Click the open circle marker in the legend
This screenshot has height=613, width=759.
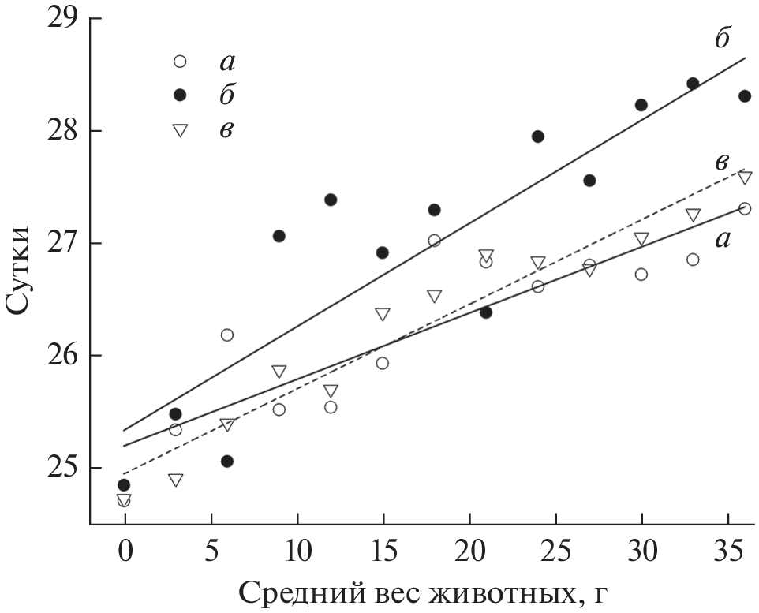(179, 61)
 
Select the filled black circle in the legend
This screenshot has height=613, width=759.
(179, 95)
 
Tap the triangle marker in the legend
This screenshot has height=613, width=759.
(179, 130)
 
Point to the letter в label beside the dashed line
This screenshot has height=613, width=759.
(721, 162)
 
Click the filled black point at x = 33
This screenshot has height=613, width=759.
(693, 84)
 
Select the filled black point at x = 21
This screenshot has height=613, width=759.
(486, 312)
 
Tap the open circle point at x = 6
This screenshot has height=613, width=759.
(227, 335)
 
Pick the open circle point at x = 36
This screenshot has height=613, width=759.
(744, 208)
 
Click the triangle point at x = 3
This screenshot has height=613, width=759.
(175, 480)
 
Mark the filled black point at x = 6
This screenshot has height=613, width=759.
(227, 461)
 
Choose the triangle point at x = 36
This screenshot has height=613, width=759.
(744, 178)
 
